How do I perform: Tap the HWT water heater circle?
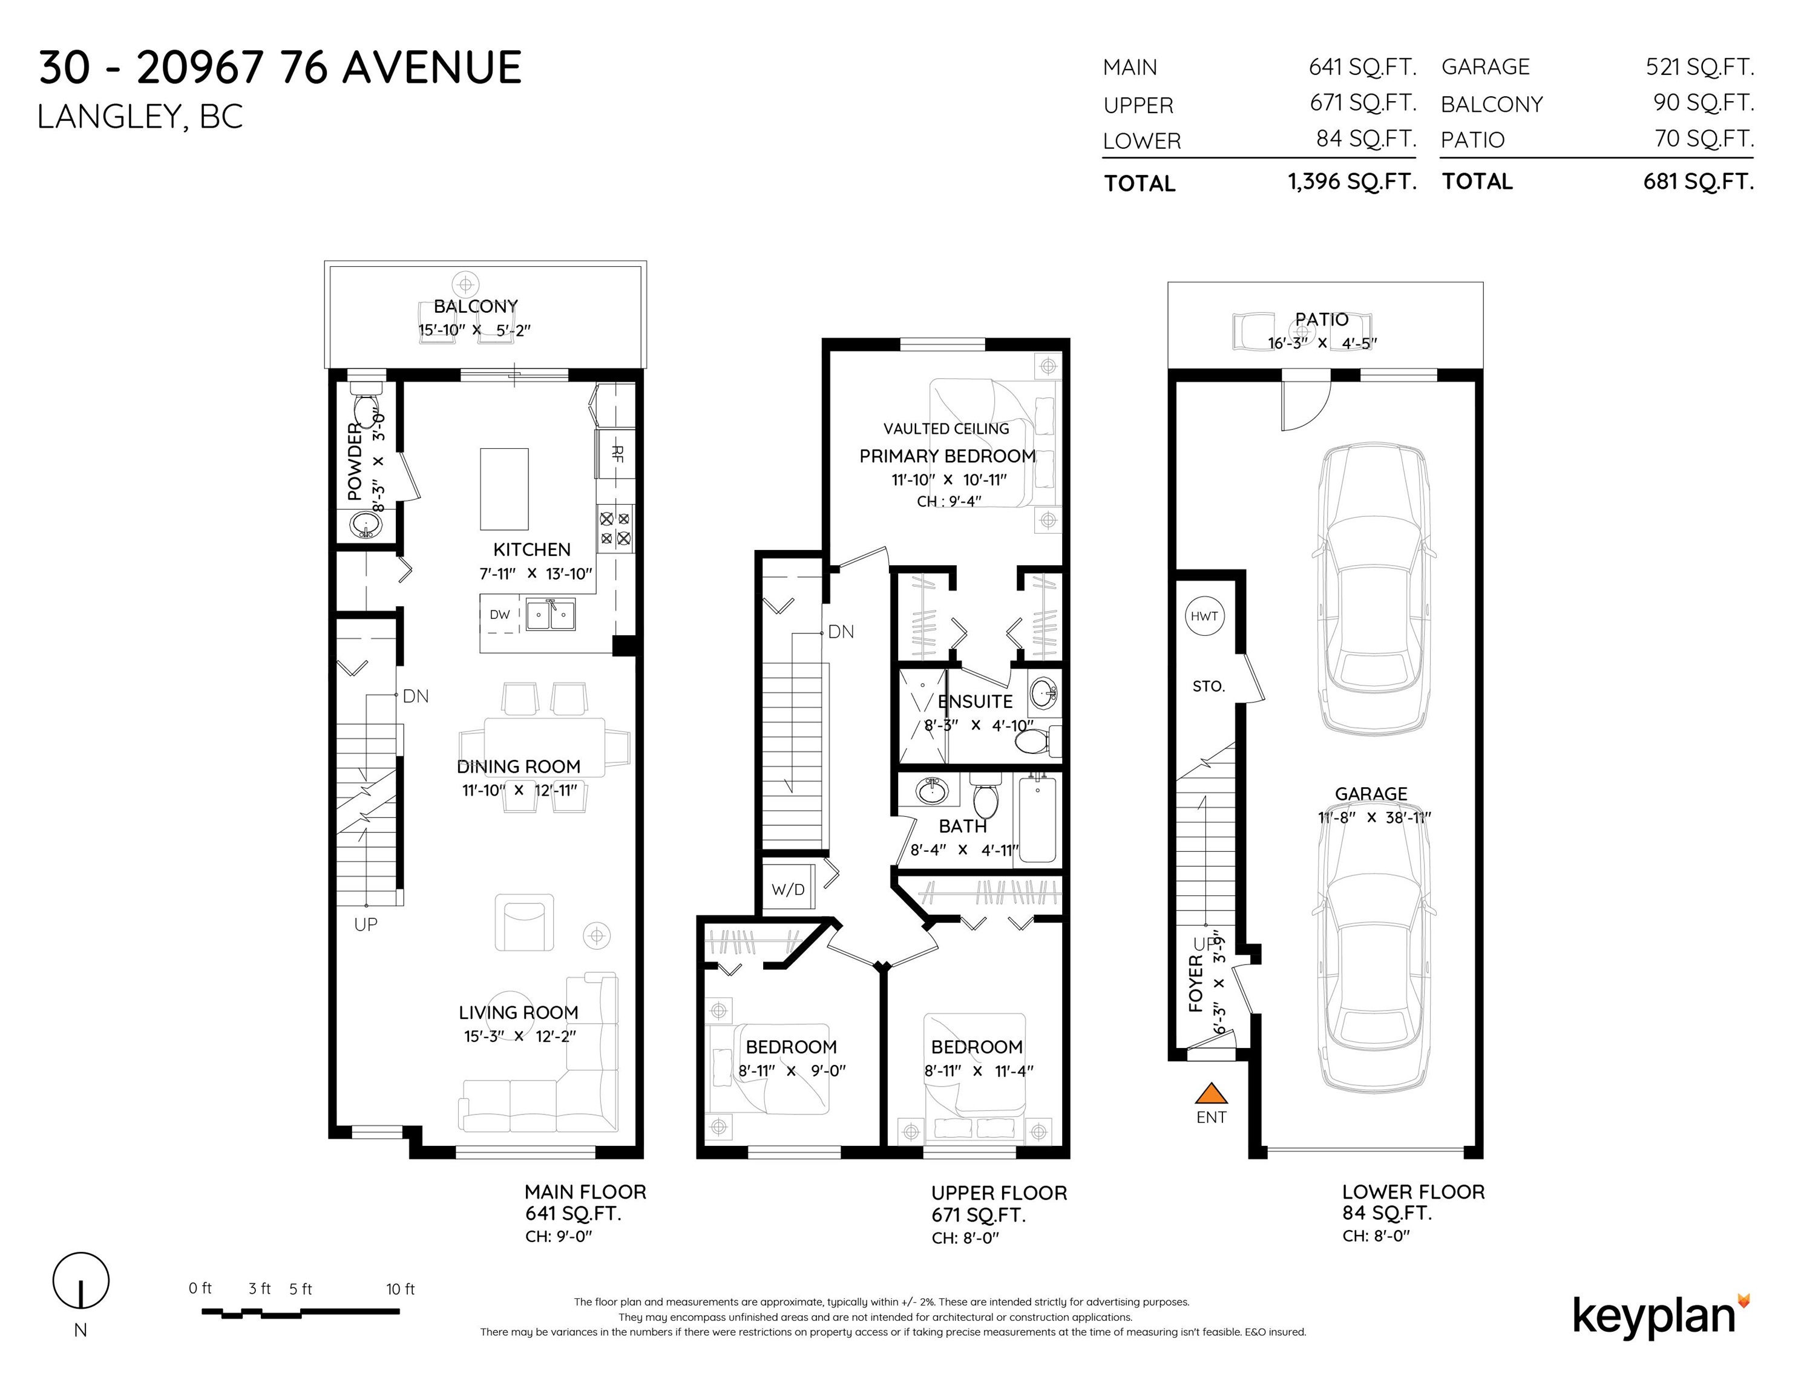[1204, 616]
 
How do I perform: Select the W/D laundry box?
[788, 889]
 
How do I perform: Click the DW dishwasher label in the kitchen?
[500, 615]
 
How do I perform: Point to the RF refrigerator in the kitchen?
[615, 453]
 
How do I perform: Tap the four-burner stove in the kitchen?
[615, 529]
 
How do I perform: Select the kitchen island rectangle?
[505, 489]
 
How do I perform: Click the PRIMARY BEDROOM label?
[948, 456]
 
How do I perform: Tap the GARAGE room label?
[1371, 794]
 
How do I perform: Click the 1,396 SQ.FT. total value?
[1352, 182]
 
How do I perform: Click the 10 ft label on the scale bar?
[401, 1289]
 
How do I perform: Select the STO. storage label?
[1209, 686]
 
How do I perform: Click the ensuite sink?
[1044, 692]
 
